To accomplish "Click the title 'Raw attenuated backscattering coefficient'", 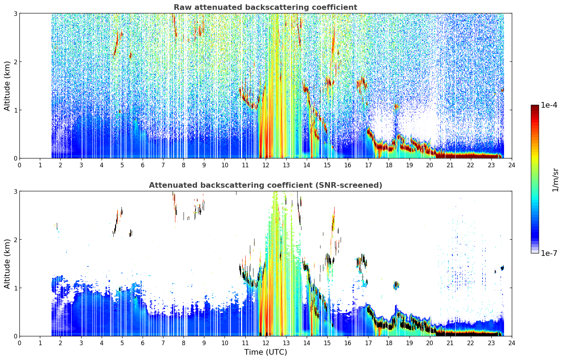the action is pyautogui.click(x=265, y=7).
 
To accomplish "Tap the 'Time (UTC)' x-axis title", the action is pyautogui.click(x=265, y=352).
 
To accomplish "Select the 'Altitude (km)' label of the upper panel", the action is pyautogui.click(x=7, y=86).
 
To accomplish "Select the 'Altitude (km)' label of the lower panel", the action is pyautogui.click(x=7, y=264).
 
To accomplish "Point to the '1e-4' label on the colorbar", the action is pyautogui.click(x=549, y=105).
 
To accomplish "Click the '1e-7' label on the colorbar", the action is pyautogui.click(x=549, y=253).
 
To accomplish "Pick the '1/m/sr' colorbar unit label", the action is pyautogui.click(x=555, y=180).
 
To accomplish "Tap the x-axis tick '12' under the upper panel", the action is pyautogui.click(x=266, y=165).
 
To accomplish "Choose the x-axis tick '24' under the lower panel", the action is pyautogui.click(x=512, y=343).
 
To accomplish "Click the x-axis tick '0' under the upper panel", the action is pyautogui.click(x=20, y=165).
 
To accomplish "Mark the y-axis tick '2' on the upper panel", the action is pyautogui.click(x=15, y=62).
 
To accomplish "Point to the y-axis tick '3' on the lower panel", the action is pyautogui.click(x=15, y=191).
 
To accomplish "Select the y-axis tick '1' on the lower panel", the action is pyautogui.click(x=15, y=288).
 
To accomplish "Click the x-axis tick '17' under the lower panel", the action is pyautogui.click(x=368, y=343).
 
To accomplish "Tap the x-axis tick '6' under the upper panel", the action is pyautogui.click(x=143, y=165).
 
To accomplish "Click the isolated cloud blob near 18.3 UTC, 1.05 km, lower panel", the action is pyautogui.click(x=396, y=285).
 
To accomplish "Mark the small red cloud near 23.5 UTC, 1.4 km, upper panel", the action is pyautogui.click(x=502, y=90).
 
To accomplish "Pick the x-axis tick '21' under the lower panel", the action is pyautogui.click(x=450, y=343).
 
